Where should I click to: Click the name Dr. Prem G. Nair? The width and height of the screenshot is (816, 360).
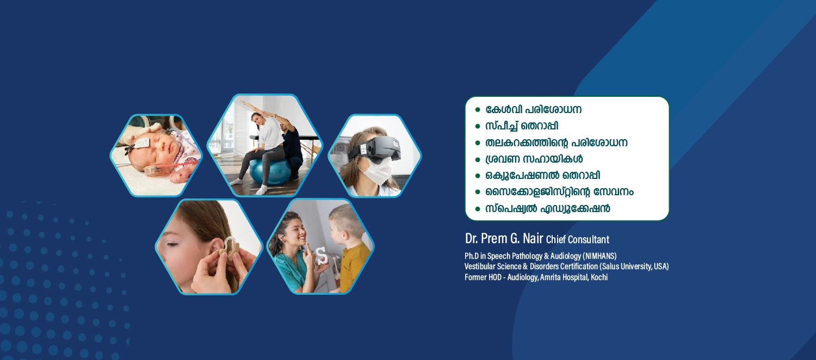click(504, 239)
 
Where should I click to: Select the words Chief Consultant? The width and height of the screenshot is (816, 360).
click(577, 239)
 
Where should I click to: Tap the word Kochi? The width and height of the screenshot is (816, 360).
click(599, 277)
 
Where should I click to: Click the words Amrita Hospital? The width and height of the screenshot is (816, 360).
click(564, 277)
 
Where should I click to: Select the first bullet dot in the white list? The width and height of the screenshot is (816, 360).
click(478, 109)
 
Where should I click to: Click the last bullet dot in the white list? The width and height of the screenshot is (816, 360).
click(478, 209)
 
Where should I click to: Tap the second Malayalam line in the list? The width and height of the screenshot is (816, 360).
click(522, 126)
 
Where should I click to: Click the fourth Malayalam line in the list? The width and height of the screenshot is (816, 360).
click(534, 159)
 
